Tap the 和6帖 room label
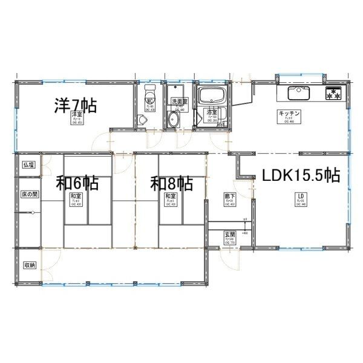coord(77,182)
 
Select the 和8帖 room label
coord(172,182)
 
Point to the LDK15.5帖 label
coord(300,175)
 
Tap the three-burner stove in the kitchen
coord(334,94)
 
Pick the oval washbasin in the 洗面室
coord(174,119)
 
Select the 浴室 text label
coord(212,113)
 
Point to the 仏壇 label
coord(28,165)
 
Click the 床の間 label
coord(29,195)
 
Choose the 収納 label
coord(28,266)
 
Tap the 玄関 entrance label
coord(231,234)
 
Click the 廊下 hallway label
coord(230,197)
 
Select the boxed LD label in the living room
coord(299,196)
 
